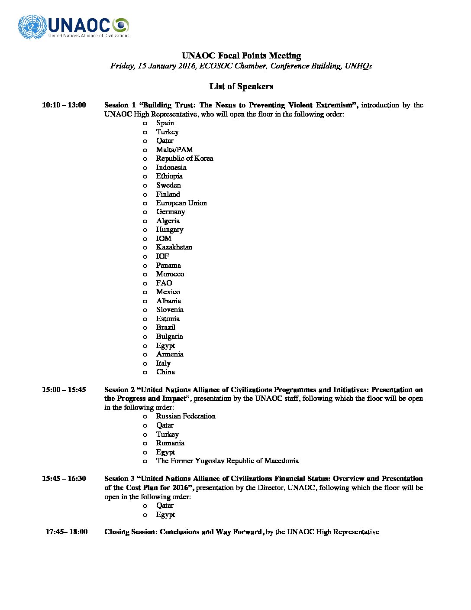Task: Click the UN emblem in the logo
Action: click(x=32, y=26)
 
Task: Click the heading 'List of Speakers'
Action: click(x=241, y=86)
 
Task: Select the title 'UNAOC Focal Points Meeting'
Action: click(x=241, y=55)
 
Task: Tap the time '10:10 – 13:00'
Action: click(x=64, y=105)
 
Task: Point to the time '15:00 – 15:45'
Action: click(x=64, y=389)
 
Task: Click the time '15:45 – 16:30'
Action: click(x=64, y=478)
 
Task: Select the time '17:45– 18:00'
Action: click(x=66, y=532)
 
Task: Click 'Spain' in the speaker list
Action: click(x=165, y=123)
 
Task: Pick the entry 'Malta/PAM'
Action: click(x=174, y=149)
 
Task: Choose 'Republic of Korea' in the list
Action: click(x=184, y=159)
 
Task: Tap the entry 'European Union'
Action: click(x=181, y=203)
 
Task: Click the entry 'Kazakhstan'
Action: click(x=174, y=247)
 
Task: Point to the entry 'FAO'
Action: click(x=164, y=283)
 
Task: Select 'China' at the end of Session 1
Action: click(x=165, y=372)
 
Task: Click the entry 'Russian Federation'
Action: click(x=186, y=416)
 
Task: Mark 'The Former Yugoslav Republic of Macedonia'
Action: click(x=227, y=461)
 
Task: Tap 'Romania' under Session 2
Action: click(x=170, y=443)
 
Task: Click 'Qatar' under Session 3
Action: click(x=165, y=506)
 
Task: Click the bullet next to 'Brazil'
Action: click(x=145, y=328)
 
